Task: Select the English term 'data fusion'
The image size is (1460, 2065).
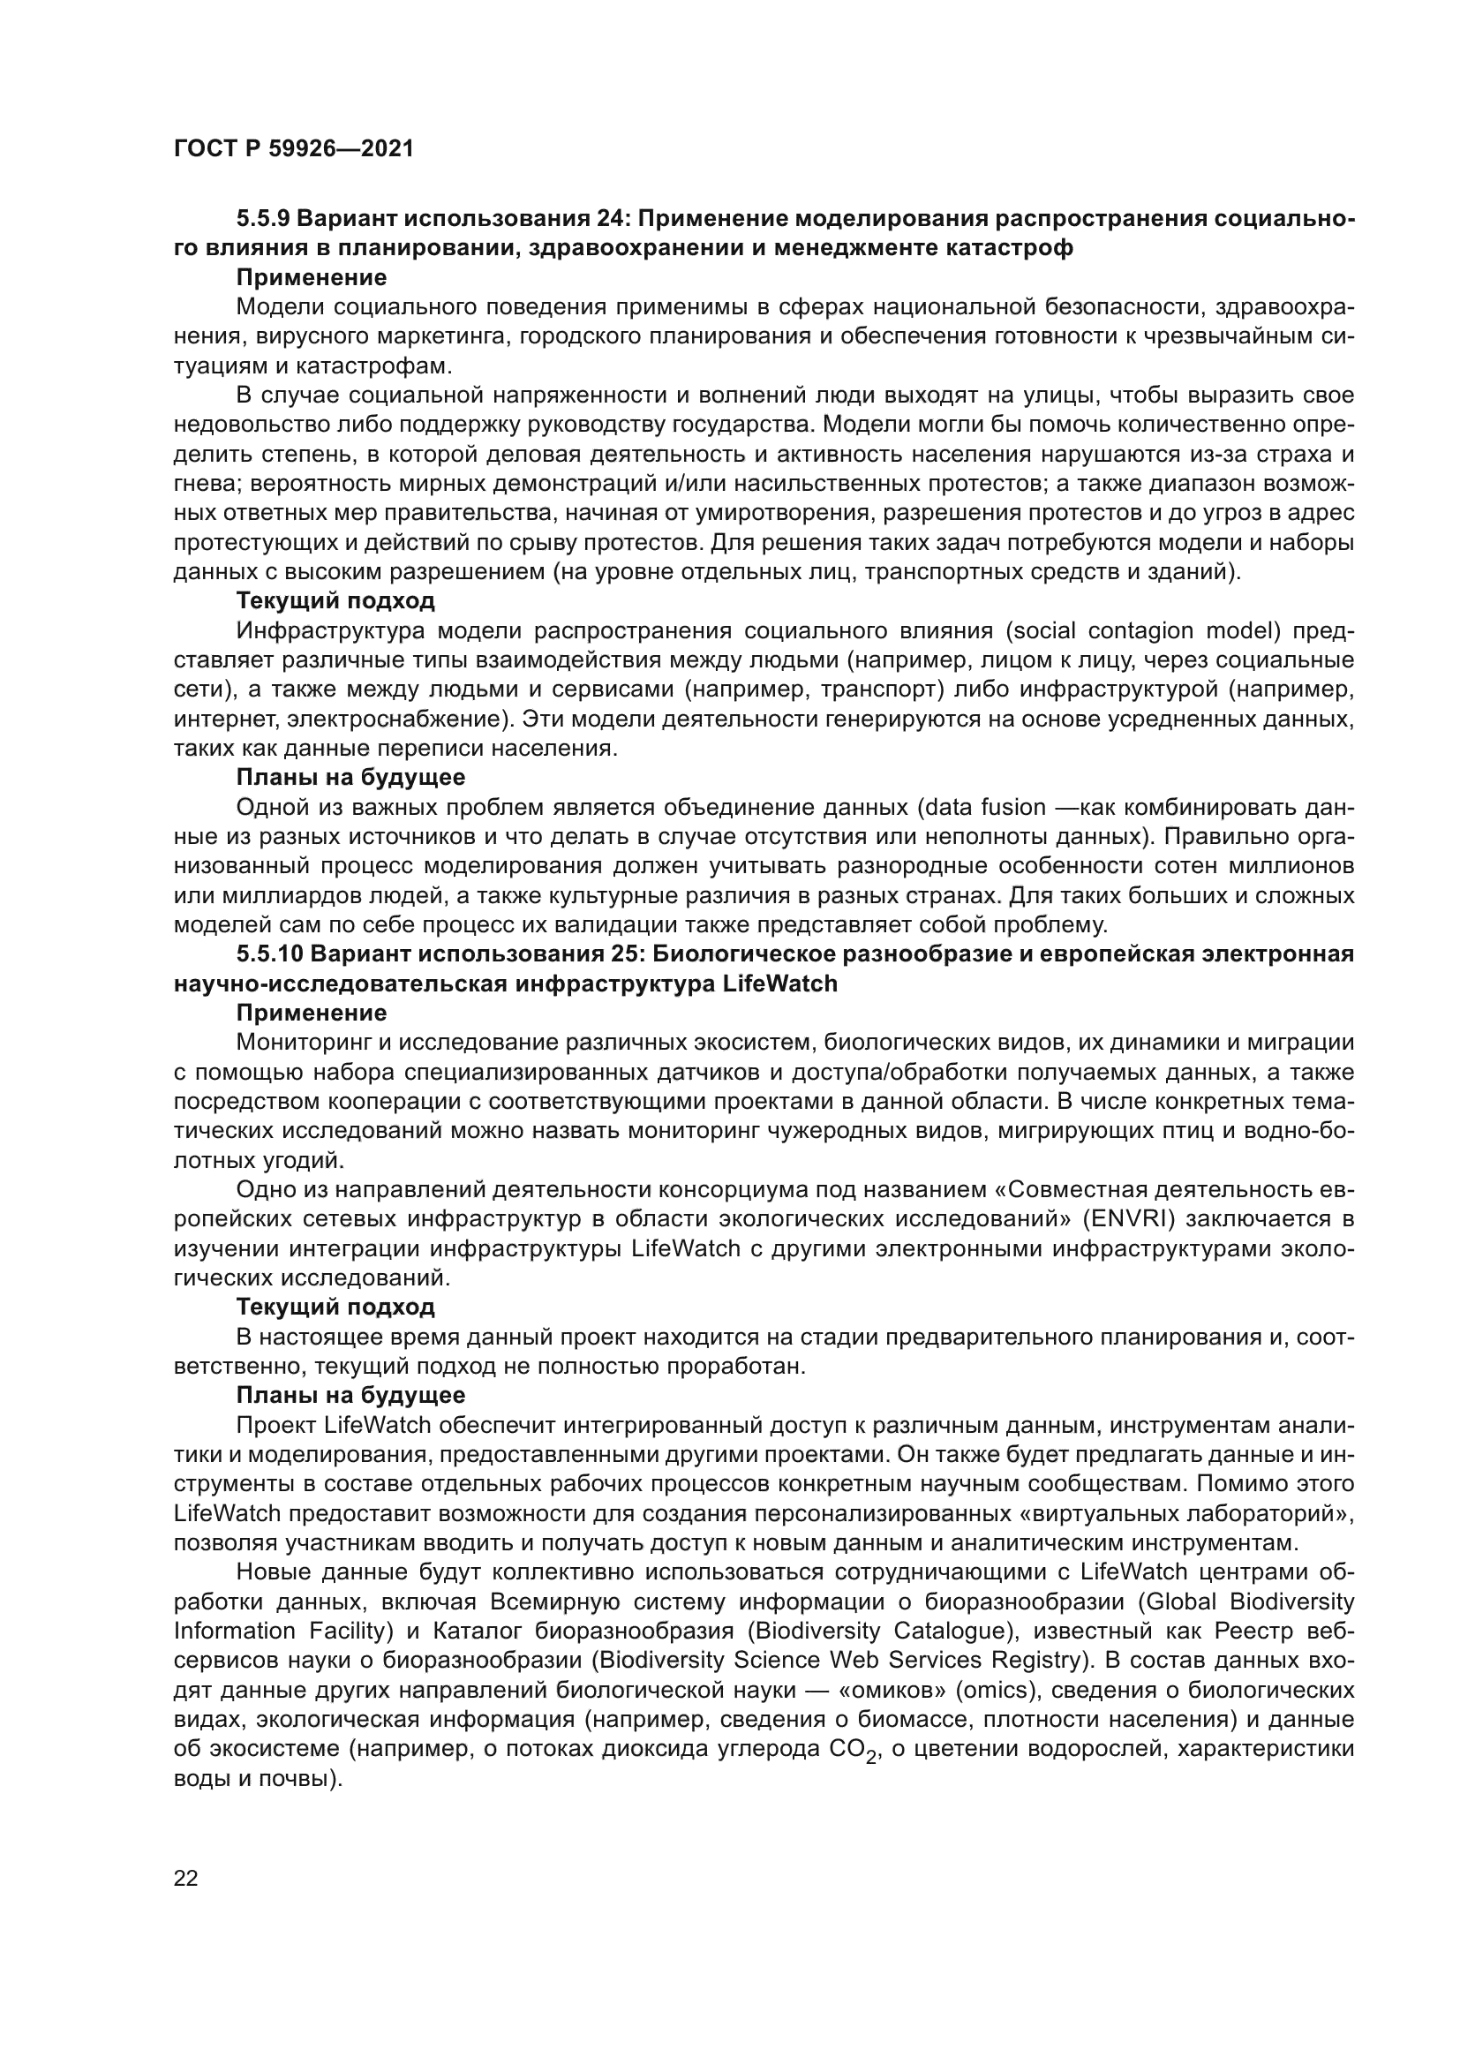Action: pyautogui.click(x=984, y=807)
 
